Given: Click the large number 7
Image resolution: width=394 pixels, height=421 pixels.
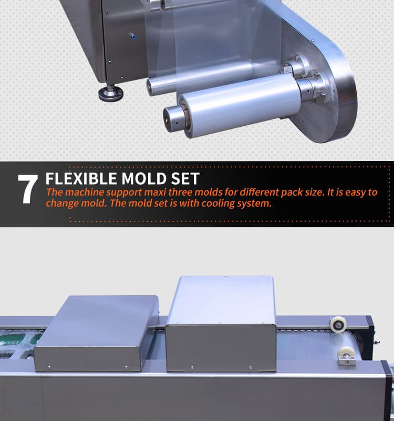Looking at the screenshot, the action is (x=28, y=189).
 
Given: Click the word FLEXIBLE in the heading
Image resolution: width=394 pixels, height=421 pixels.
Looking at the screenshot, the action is (x=81, y=178).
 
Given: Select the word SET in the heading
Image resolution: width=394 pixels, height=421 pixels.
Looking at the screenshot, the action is (x=185, y=178).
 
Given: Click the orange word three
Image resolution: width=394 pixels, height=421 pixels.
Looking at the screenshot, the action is (x=180, y=192).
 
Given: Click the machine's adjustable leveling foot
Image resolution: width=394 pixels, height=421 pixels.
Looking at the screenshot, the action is (x=110, y=93).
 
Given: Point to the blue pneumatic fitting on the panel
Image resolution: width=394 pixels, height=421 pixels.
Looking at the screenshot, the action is (x=132, y=36).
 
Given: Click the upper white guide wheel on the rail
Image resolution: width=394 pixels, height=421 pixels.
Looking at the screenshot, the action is (x=338, y=325).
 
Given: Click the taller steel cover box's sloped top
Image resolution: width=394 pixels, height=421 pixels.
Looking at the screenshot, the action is (x=222, y=300).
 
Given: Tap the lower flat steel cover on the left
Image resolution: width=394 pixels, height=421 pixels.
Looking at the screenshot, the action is (x=97, y=333).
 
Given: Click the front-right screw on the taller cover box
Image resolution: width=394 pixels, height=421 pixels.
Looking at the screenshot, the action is (x=251, y=367).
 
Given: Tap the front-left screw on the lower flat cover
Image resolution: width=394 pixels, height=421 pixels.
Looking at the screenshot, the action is (x=49, y=367).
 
